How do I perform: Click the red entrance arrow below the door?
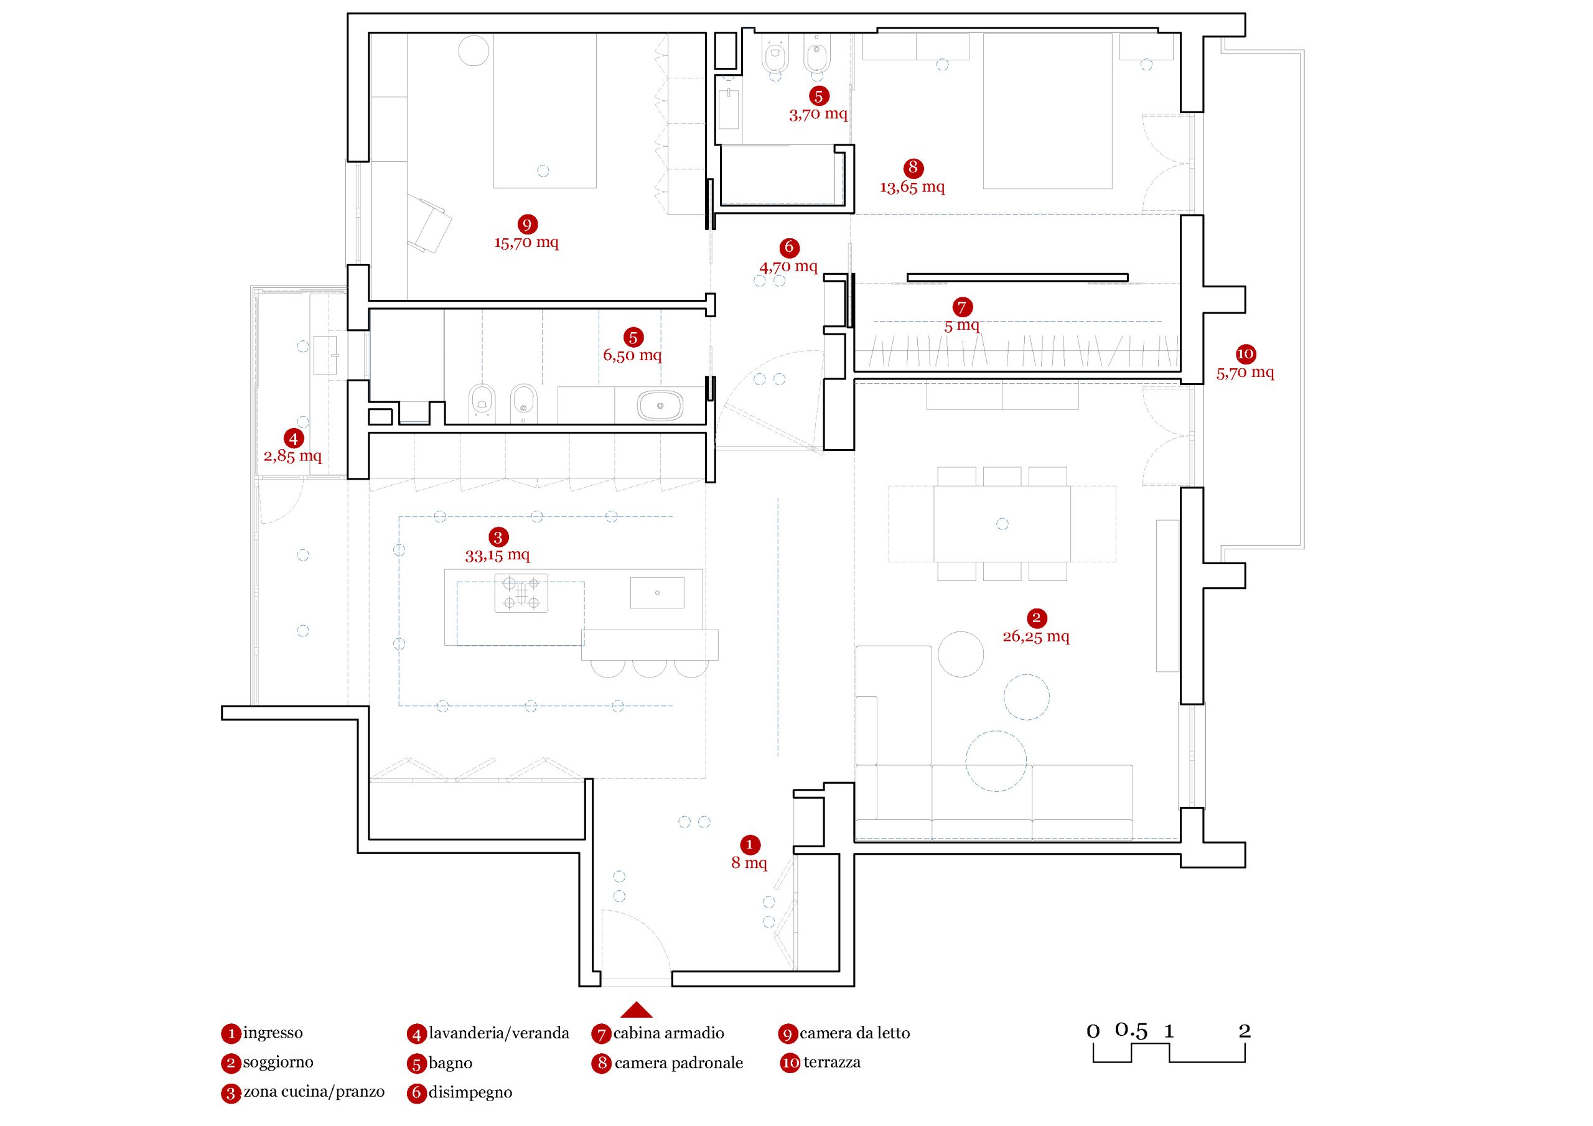point(636,1010)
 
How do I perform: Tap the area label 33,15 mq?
point(497,555)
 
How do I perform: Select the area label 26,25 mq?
point(1036,636)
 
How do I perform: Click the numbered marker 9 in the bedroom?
point(526,224)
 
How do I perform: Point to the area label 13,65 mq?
point(912,187)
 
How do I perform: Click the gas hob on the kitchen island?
point(521,593)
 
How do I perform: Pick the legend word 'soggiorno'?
point(278,1062)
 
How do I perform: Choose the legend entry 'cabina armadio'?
point(668,1033)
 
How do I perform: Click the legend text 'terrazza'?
point(832,1062)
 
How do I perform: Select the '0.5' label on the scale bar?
point(1131,1030)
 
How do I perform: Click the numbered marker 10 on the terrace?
point(1245,354)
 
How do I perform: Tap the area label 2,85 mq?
point(293,457)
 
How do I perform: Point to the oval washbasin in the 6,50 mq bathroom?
point(660,404)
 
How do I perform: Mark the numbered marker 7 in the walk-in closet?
point(961,307)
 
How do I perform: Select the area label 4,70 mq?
point(788,266)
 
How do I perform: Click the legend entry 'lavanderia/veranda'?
point(498,1033)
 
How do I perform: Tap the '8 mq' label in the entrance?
point(749,863)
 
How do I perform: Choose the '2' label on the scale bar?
point(1244,1031)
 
